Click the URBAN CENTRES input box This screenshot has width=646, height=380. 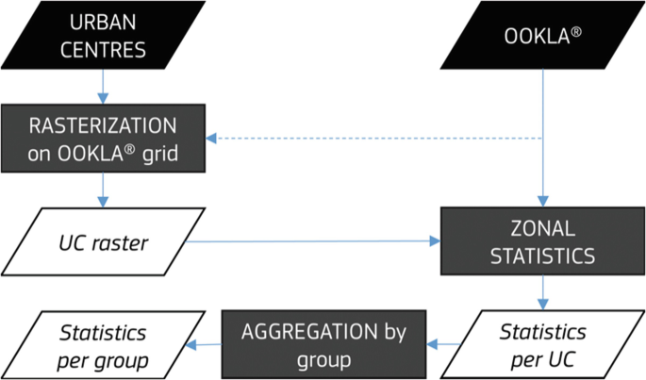click(104, 37)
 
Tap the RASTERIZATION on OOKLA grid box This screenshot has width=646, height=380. click(104, 139)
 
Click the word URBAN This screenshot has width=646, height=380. click(104, 24)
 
